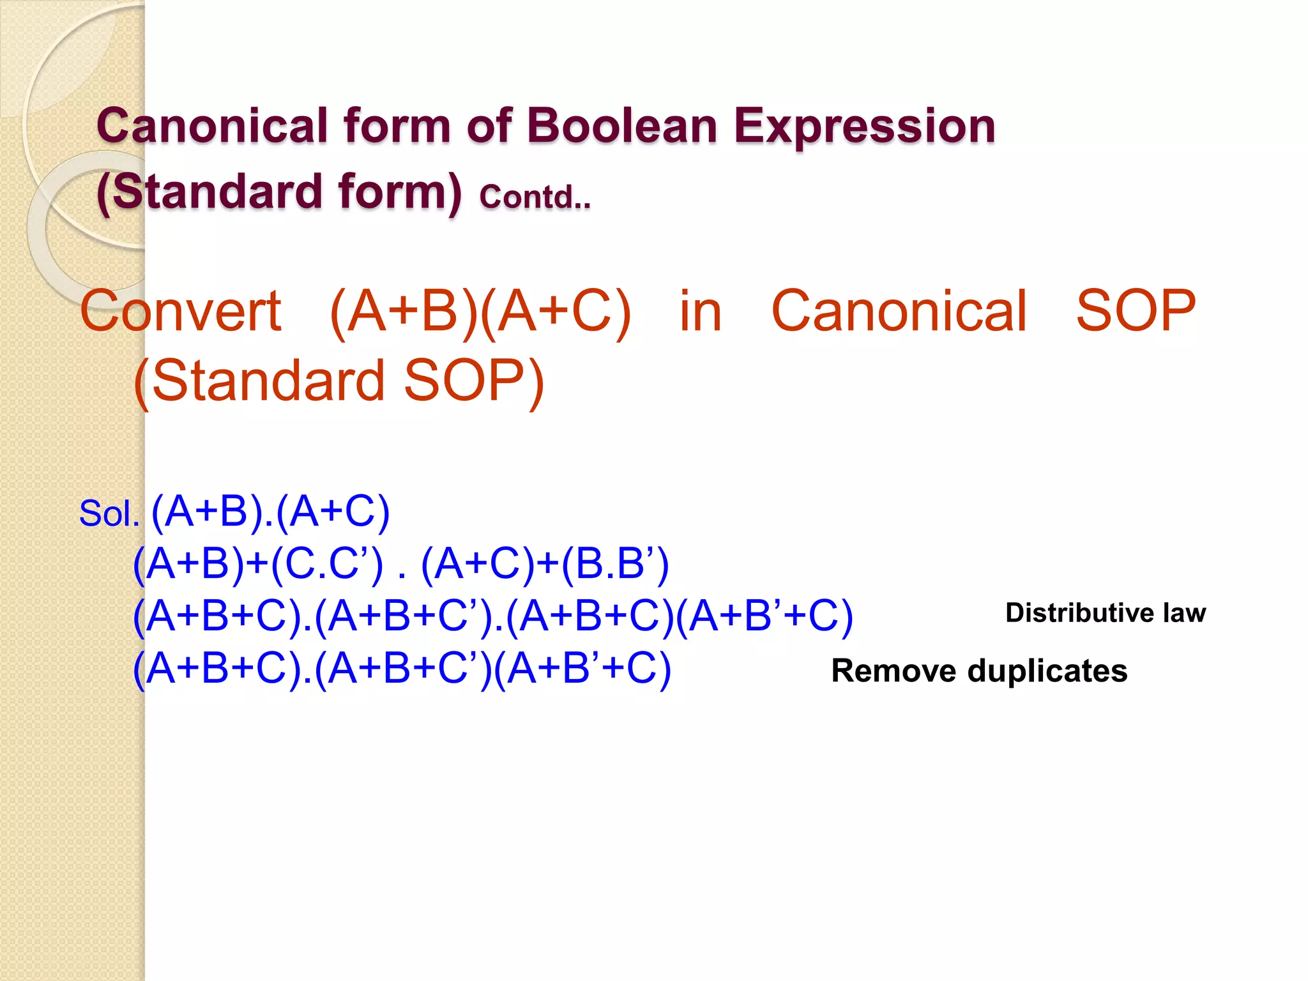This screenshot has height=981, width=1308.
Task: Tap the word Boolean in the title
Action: tap(622, 126)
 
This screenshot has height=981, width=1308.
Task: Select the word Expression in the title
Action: tap(864, 127)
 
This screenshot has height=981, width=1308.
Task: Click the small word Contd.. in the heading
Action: tap(535, 197)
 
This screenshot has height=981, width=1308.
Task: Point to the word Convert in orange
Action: tap(181, 312)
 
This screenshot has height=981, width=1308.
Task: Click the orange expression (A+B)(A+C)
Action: tap(480, 312)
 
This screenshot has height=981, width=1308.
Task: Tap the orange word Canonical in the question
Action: tap(899, 312)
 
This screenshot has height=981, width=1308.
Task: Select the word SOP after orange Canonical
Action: tap(1136, 312)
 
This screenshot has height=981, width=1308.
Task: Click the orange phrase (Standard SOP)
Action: tap(338, 381)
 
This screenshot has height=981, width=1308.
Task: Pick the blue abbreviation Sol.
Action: tap(109, 514)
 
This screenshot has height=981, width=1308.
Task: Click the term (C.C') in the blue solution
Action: tap(327, 565)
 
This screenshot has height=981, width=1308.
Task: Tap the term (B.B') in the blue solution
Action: tap(615, 565)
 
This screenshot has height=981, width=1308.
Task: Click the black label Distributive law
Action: tap(1105, 613)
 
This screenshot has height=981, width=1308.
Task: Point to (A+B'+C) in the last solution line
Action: tap(582, 669)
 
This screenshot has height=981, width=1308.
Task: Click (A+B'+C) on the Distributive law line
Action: tap(764, 617)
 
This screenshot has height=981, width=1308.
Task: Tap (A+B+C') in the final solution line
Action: tap(404, 669)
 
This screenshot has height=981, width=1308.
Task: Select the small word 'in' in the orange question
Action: tap(700, 312)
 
